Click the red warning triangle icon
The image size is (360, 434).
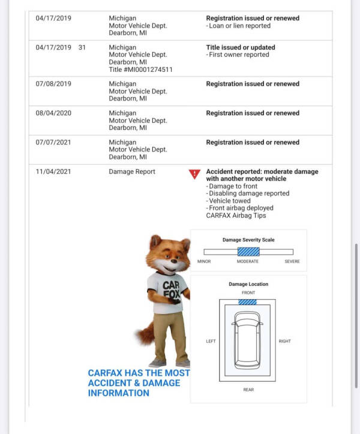[x=194, y=174]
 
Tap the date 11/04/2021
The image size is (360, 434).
[x=53, y=171]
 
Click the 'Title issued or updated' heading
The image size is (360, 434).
[x=241, y=47]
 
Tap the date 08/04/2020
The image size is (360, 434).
[x=53, y=113]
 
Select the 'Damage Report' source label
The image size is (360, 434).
[x=132, y=171]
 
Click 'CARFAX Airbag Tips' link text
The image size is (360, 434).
[x=236, y=215]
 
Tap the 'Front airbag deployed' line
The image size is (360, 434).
[x=240, y=208]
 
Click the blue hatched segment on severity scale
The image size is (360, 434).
[x=248, y=252]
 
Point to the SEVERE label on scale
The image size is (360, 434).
[x=292, y=261]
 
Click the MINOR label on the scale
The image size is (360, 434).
[x=204, y=261]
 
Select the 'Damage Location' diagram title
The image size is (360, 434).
[x=248, y=284]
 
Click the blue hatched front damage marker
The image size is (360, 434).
[x=247, y=302]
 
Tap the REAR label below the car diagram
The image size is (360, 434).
[x=248, y=390]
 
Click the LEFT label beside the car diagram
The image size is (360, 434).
[x=211, y=341]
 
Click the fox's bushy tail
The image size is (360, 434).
[x=144, y=333]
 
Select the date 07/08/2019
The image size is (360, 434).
[x=53, y=84]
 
